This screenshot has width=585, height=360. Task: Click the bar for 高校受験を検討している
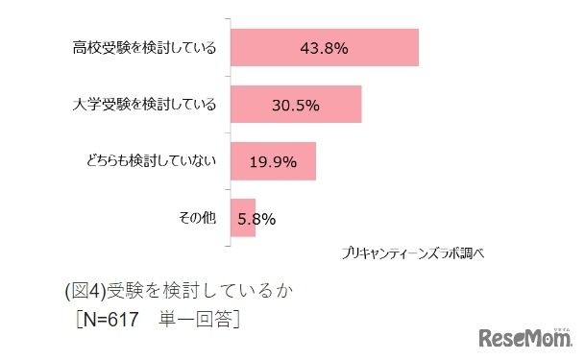(325, 48)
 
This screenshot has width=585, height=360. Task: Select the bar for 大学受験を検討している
(296, 105)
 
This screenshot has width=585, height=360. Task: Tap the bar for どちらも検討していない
(273, 161)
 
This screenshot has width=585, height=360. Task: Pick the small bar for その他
(243, 218)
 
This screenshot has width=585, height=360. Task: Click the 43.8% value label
(324, 48)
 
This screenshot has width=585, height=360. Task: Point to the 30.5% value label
(296, 105)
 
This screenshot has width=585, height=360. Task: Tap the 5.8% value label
(256, 219)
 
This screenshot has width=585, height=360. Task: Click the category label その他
(197, 218)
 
